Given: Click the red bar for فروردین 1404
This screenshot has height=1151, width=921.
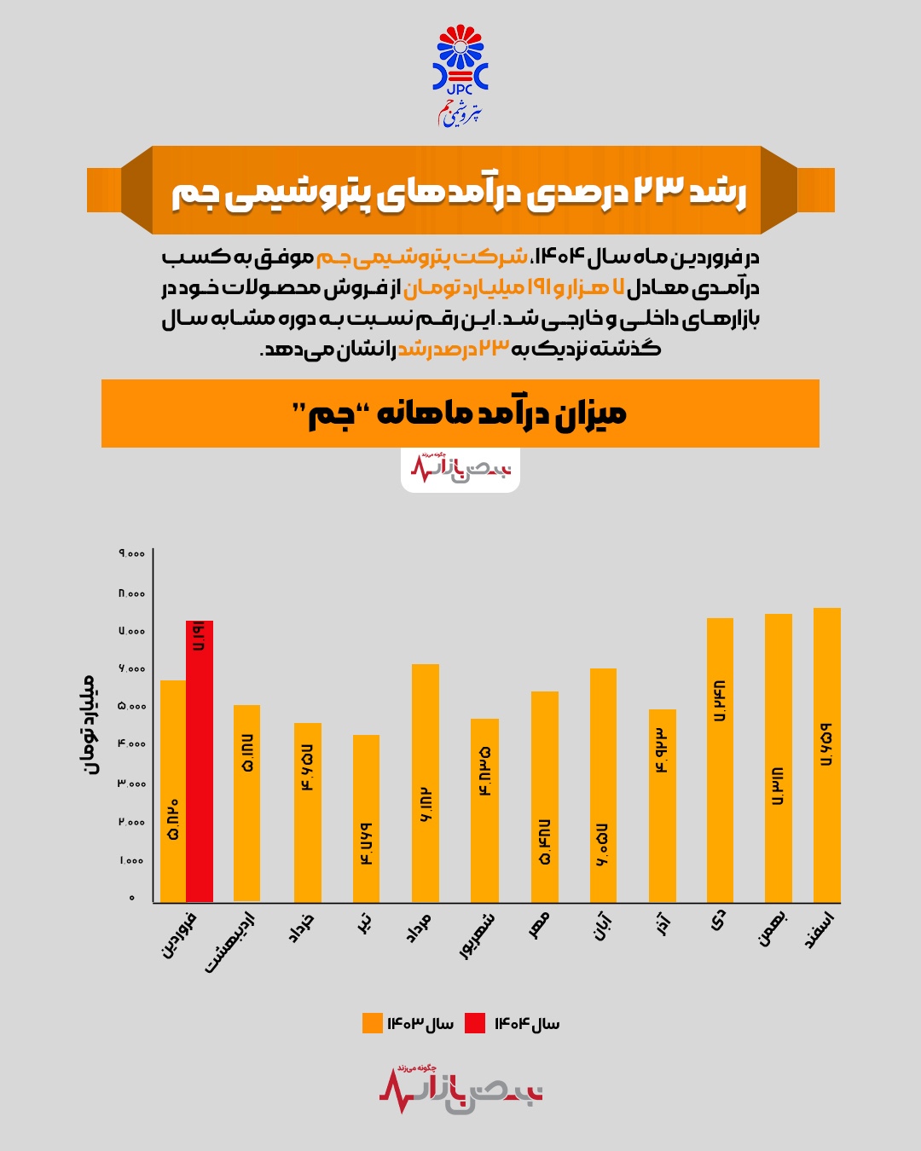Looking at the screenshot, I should coord(200,761).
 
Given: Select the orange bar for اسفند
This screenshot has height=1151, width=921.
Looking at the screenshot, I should coord(826,755).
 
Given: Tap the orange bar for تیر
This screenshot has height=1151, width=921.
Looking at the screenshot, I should coord(366,818).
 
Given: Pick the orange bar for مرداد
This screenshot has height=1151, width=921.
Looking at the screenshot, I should coord(425,783).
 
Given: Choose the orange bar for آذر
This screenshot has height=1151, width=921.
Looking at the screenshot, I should coord(662,806).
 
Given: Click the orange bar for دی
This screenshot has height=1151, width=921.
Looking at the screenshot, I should coord(720,760).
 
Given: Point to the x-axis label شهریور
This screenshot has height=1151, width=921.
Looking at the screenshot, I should coord(477,935).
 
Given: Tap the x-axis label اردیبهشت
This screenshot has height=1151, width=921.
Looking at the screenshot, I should coord(230,942).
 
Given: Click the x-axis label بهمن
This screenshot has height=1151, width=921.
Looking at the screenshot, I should coord(773,930).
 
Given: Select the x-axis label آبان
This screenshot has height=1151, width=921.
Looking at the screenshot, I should coord(602,927).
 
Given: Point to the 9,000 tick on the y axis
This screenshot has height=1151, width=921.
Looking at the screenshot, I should coord(132,554).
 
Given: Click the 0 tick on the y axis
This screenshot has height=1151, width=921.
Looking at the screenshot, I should coord(132,898).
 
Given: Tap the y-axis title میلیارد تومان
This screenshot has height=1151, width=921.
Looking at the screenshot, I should coord(89,725).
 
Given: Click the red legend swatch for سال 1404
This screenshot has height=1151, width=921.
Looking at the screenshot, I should coord(475,1023).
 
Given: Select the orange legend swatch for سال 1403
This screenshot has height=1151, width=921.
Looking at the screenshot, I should coord(372,1023).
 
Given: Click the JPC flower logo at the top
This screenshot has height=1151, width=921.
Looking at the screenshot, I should coord(460,60).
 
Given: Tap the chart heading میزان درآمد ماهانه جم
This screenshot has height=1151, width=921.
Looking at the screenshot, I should coord(460,414).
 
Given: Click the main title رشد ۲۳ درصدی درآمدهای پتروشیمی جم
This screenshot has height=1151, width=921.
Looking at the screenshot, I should coord(460,192).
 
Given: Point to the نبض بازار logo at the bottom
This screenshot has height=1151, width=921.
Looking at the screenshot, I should coord(460,1090).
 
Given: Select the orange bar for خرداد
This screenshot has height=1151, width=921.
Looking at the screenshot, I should coord(307,812).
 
